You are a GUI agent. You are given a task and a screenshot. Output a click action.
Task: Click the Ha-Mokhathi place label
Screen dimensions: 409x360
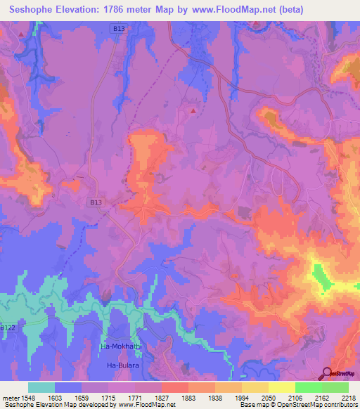pyautogui.click(x=120, y=348)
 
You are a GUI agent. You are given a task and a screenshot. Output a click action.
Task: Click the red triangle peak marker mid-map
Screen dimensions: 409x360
pyautogui.click(x=193, y=110)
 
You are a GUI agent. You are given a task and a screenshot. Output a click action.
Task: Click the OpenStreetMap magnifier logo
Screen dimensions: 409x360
pyautogui.click(x=327, y=373)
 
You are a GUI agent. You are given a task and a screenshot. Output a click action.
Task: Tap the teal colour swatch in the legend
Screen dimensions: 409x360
pyautogui.click(x=41, y=387)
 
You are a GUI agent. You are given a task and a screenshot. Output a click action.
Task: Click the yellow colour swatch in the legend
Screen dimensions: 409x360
pyautogui.click(x=281, y=387)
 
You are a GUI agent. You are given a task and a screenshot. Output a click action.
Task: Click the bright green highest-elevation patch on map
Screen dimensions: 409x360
pyautogui.click(x=322, y=276)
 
